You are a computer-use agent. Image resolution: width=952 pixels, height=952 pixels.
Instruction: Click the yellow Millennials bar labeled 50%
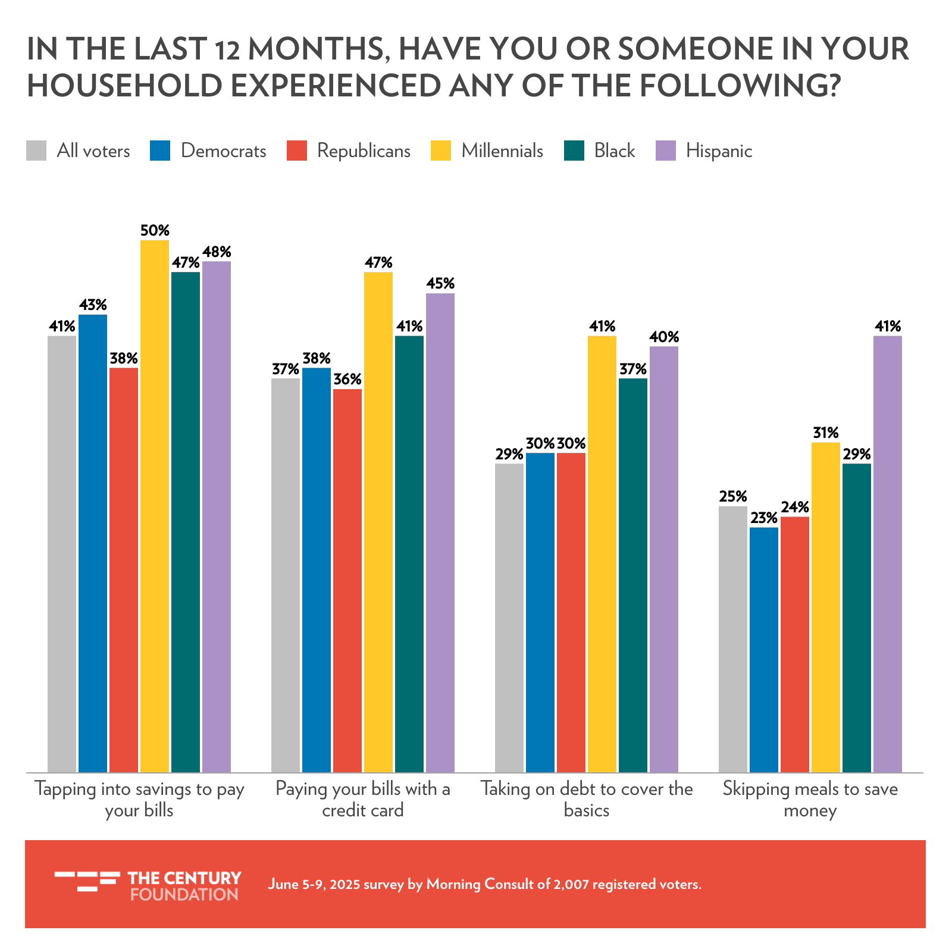click(x=155, y=506)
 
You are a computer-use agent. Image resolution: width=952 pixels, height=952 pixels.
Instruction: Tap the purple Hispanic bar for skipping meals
click(x=888, y=553)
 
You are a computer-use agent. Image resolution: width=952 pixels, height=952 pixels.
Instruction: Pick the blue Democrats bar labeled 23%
click(x=764, y=649)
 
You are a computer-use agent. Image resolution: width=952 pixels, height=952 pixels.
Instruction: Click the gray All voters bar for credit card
click(x=286, y=575)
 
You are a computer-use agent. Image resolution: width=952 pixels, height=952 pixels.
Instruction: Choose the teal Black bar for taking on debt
click(x=633, y=575)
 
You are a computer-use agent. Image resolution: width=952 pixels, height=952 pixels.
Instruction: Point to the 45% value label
click(x=440, y=284)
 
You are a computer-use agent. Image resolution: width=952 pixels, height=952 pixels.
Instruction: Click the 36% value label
click(x=347, y=380)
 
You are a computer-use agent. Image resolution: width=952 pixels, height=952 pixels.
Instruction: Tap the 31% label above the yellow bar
click(x=826, y=433)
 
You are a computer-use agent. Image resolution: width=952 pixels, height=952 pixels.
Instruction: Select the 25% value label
click(x=733, y=496)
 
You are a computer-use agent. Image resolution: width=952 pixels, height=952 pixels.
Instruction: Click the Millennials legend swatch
click(x=441, y=151)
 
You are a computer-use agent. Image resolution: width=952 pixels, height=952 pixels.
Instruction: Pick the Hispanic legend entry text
click(x=719, y=151)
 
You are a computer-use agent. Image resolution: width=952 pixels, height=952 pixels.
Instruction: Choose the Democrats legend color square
click(x=161, y=151)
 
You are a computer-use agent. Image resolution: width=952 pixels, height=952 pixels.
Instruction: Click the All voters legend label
click(x=93, y=151)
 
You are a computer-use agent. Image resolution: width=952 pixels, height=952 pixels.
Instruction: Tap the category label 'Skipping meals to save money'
click(x=810, y=800)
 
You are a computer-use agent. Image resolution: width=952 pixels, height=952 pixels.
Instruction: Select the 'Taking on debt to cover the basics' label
click(x=587, y=800)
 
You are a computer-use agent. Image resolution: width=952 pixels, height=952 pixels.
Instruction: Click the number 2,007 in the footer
click(x=570, y=884)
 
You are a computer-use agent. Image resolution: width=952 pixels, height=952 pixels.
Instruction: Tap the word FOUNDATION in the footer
click(x=184, y=894)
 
